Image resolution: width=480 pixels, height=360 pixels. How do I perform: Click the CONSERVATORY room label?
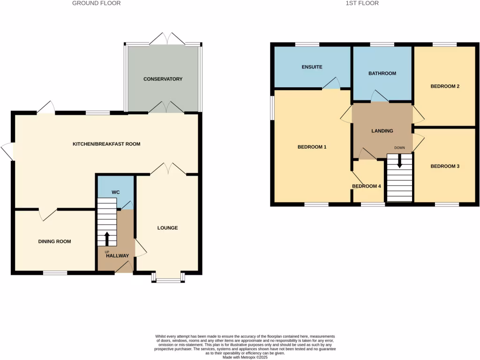(163, 79)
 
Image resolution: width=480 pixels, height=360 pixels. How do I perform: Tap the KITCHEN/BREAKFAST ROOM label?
(106, 144)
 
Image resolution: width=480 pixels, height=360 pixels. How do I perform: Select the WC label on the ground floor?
(115, 193)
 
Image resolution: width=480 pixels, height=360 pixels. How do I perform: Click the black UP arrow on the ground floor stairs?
(107, 238)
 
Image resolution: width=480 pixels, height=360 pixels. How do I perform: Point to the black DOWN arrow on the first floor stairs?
(399, 161)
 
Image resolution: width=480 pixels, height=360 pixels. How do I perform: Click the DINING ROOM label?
(54, 242)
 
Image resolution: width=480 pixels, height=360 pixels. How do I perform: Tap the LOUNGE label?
(167, 228)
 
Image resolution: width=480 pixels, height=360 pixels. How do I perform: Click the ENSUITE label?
(312, 67)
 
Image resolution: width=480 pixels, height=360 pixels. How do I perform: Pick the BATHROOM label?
(382, 74)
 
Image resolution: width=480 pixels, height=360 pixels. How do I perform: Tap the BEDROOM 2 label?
(445, 86)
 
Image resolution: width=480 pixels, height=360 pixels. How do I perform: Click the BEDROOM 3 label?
(445, 166)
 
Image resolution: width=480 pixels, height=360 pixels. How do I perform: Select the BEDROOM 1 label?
(312, 147)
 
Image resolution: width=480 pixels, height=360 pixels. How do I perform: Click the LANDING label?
(382, 131)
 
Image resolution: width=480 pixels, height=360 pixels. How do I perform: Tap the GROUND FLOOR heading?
(97, 3)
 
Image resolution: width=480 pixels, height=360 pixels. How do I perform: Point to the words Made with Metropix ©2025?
(245, 357)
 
